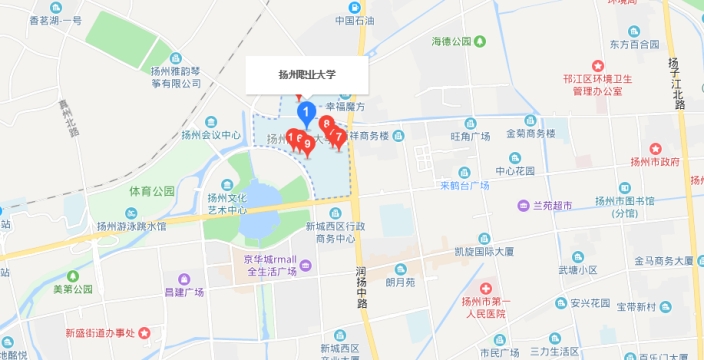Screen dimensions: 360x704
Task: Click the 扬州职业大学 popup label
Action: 308,74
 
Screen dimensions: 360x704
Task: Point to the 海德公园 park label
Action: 451,42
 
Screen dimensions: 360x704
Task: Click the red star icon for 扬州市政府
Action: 655,147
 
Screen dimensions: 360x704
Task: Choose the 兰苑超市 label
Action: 550,205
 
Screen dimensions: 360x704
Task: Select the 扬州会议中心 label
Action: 208,134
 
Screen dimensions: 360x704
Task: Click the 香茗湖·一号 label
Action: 55,20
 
